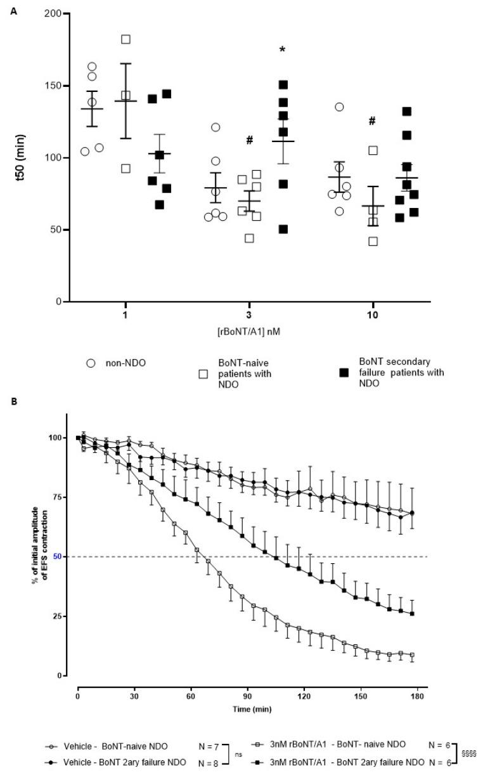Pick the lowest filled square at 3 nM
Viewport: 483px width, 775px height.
point(283,229)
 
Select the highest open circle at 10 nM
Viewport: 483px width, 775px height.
point(340,107)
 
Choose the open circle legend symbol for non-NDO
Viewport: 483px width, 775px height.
point(91,363)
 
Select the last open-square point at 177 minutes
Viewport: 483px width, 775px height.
point(412,655)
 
